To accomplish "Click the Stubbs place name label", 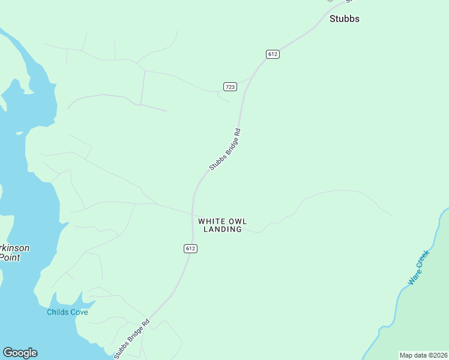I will (x=345, y=19).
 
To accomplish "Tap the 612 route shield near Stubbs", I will (x=273, y=54).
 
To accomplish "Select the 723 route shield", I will (x=230, y=86).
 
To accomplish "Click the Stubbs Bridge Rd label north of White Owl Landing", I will (x=225, y=149).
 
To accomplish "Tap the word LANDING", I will (x=223, y=229).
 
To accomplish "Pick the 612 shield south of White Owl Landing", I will (x=191, y=248).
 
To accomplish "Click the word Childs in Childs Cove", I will (x=59, y=312).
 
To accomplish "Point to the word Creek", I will (x=424, y=259).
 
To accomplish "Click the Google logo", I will (x=20, y=353).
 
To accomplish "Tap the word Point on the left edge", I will (x=10, y=257).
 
